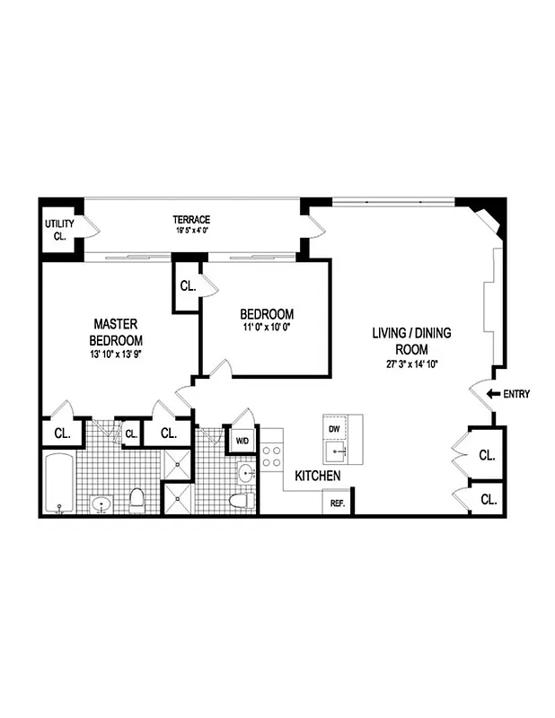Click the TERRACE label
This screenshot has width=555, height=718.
191,220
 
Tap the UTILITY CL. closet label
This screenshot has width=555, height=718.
59,231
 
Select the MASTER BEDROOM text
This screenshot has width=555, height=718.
115,332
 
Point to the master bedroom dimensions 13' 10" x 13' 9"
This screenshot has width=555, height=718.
115,355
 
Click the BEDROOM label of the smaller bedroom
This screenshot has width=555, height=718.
267,314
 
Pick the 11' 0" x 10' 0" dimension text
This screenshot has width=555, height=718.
267,328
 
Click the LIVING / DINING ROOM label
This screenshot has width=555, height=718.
412,341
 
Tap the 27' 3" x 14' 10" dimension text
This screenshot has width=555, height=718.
412,363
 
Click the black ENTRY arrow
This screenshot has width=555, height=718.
491,393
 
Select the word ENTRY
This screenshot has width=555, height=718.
517,393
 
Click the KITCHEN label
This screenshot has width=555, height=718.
318,475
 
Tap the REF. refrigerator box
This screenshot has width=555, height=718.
338,503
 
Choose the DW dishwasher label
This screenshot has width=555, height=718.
334,429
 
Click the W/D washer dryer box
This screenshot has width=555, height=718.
242,442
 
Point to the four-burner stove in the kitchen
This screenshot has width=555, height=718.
272,455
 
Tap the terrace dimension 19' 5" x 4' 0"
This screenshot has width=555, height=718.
191,231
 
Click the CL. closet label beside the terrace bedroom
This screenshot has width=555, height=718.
188,287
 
